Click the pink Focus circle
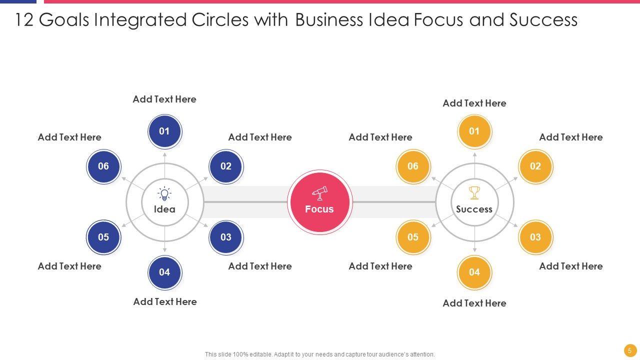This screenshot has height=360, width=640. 320,202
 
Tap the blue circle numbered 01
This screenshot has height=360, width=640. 164,131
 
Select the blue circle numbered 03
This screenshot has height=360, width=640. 226,237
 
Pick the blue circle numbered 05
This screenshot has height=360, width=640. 103,237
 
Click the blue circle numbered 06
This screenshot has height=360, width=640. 103,166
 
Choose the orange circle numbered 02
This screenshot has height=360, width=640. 535,166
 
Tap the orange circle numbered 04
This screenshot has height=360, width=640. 474,272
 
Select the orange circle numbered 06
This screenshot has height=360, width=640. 413,166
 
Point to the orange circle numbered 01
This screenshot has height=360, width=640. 474,131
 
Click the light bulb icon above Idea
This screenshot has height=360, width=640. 164,194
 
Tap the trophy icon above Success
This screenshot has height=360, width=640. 474,192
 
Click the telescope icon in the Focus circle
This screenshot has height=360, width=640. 320,192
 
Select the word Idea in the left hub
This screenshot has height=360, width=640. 164,209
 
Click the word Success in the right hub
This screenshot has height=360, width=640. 474,209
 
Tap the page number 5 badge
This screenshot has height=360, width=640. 629,350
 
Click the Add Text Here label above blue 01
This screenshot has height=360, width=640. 164,99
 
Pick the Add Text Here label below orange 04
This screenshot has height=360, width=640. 474,303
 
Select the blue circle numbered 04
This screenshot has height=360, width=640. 164,272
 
